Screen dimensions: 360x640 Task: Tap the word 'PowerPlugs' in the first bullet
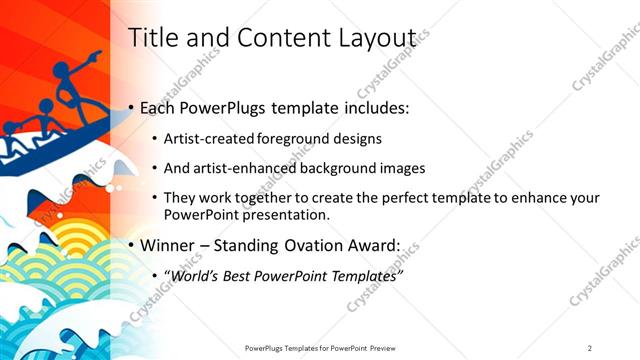(223, 107)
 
